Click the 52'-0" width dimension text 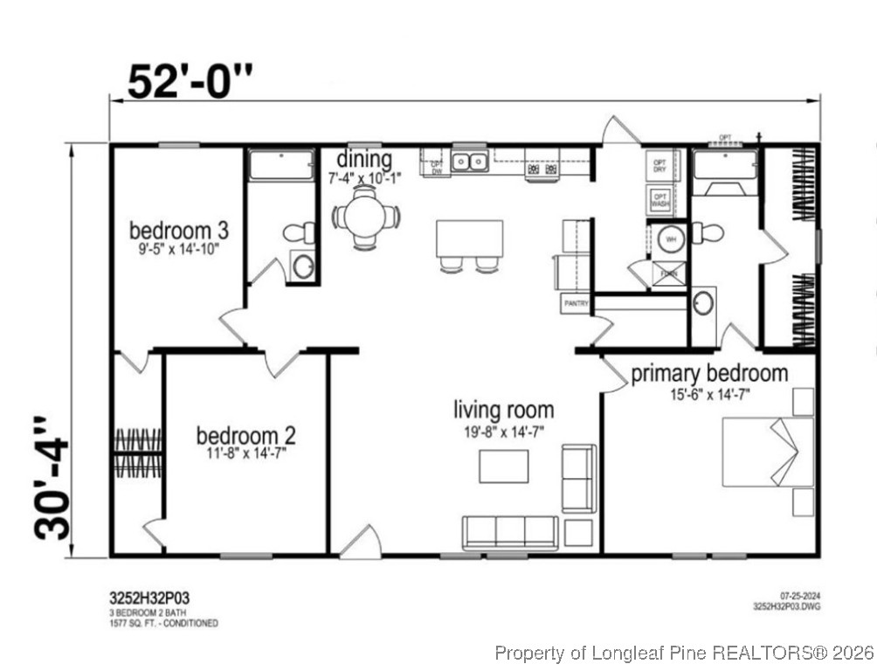(x=190, y=82)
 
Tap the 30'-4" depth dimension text (x=52, y=478)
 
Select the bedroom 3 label (x=179, y=231)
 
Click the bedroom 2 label (x=245, y=435)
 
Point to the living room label (x=503, y=409)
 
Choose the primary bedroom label (x=709, y=373)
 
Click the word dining (x=364, y=160)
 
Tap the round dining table (x=365, y=216)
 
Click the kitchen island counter (x=470, y=238)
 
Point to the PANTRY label (x=575, y=303)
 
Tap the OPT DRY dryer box (x=659, y=165)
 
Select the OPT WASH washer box (x=659, y=201)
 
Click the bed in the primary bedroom (x=766, y=452)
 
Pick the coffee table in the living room (x=503, y=465)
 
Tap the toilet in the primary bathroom (x=708, y=233)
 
